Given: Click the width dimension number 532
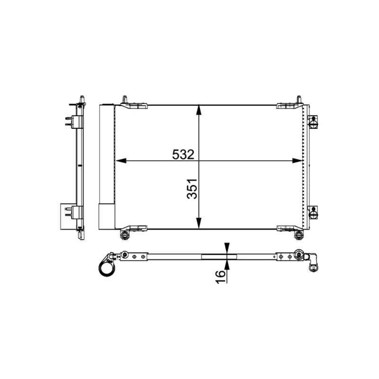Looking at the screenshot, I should (182, 154).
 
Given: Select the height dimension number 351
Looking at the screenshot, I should (192, 189).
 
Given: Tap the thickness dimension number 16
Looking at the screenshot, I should (221, 275).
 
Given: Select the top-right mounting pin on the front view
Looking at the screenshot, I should (298, 100).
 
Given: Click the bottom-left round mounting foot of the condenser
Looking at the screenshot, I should (125, 235).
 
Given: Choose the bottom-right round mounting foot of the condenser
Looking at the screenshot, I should (298, 235).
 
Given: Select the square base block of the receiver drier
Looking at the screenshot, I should (106, 217).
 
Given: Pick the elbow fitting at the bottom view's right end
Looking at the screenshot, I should (313, 264).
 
